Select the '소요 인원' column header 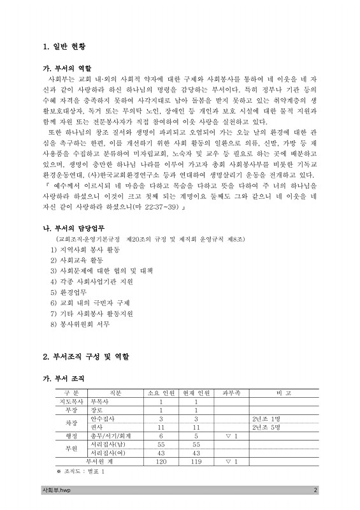click(161, 393)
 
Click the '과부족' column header click(231, 393)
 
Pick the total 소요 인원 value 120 click(161, 460)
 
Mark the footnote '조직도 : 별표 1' click(80, 470)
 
